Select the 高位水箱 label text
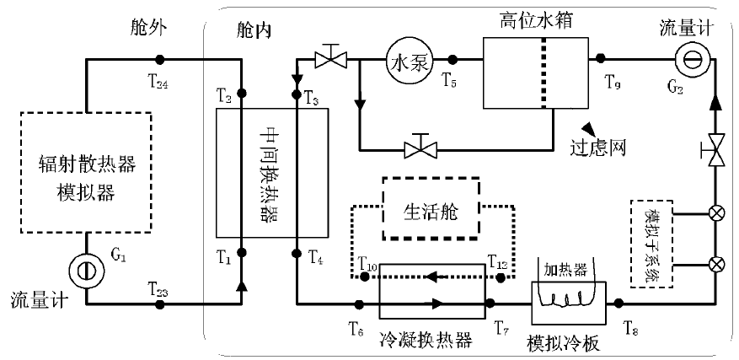[527, 19]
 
